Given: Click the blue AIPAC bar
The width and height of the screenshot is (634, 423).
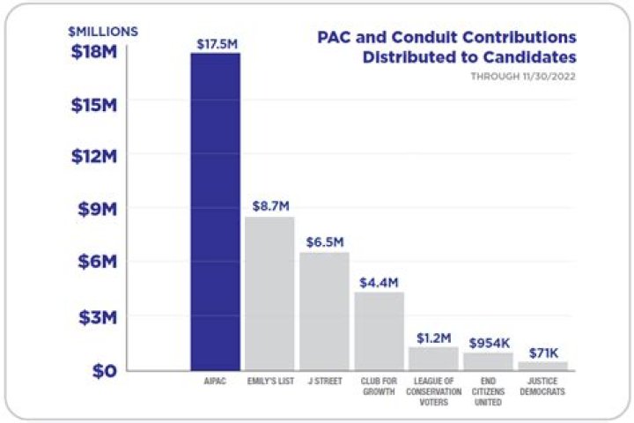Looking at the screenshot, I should pyautogui.click(x=216, y=211).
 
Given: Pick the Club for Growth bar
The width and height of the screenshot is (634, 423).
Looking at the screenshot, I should pyautogui.click(x=379, y=330).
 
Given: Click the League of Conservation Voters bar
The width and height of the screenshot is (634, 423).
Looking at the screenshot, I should pyautogui.click(x=433, y=358).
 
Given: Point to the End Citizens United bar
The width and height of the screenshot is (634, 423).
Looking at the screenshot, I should pyautogui.click(x=488, y=360).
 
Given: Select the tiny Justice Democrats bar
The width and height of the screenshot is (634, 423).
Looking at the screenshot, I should pyautogui.click(x=542, y=366).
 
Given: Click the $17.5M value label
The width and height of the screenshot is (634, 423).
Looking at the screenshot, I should pyautogui.click(x=216, y=42).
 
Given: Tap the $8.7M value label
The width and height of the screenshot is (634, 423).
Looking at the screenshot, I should pyautogui.click(x=270, y=205).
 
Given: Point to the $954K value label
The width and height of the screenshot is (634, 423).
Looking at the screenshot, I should pyautogui.click(x=489, y=342).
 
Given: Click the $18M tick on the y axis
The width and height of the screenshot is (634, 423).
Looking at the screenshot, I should pyautogui.click(x=92, y=51).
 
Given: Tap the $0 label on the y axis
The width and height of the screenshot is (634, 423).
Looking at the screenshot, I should pyautogui.click(x=104, y=369).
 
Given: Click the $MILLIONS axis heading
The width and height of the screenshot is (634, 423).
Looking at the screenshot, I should pyautogui.click(x=103, y=32).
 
